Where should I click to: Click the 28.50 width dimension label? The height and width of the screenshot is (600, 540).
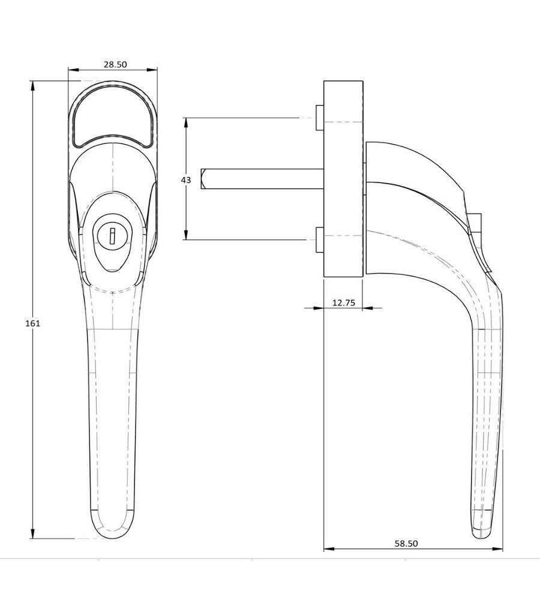tap(115, 64)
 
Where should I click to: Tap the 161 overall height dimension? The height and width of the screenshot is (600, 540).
tap(32, 323)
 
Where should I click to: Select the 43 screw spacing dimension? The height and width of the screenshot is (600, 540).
tap(185, 179)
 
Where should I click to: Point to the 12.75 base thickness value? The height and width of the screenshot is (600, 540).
tap(344, 303)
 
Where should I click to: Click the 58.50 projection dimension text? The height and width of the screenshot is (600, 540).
tap(406, 544)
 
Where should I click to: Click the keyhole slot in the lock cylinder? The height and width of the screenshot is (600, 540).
tap(112, 236)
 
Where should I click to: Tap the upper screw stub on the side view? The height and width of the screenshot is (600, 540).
tap(320, 118)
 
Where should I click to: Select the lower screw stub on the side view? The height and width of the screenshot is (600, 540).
tap(320, 240)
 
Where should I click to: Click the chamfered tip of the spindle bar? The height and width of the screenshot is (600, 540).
tap(203, 179)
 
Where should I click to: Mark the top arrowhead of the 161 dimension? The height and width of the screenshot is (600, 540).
tap(32, 86)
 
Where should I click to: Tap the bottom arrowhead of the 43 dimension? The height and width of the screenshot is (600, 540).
tap(186, 235)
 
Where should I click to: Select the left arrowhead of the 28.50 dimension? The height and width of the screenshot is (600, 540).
tap(73, 70)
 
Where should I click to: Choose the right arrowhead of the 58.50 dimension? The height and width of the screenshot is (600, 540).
tap(497, 549)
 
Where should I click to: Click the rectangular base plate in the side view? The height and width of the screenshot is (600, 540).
tap(343, 179)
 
